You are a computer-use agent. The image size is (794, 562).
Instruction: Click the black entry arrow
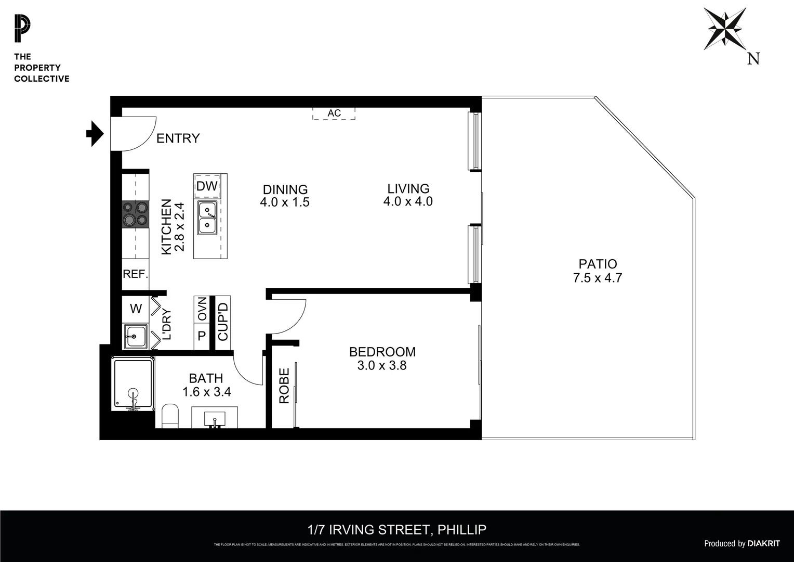(95, 134)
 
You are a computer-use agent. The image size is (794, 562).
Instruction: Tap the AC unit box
(334, 113)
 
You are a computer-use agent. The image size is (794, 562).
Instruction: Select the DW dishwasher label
(206, 186)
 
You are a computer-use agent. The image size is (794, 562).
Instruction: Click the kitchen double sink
(207, 218)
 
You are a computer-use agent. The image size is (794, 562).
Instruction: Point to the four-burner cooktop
(135, 213)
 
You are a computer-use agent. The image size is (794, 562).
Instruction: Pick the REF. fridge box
(135, 274)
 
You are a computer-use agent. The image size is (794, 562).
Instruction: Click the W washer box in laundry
(136, 309)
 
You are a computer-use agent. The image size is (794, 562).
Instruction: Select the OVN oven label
(202, 309)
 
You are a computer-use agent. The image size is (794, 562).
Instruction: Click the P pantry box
(202, 336)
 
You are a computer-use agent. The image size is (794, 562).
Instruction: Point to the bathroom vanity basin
(215, 418)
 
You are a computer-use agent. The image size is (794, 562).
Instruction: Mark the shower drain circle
(133, 393)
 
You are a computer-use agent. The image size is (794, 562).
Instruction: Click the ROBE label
(284, 386)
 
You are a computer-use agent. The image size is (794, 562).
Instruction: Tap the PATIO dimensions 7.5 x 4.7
(597, 278)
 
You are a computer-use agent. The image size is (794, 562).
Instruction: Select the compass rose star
(724, 29)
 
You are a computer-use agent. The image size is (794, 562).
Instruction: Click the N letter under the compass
(753, 59)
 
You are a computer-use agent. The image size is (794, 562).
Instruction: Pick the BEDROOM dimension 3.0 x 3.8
(382, 366)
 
